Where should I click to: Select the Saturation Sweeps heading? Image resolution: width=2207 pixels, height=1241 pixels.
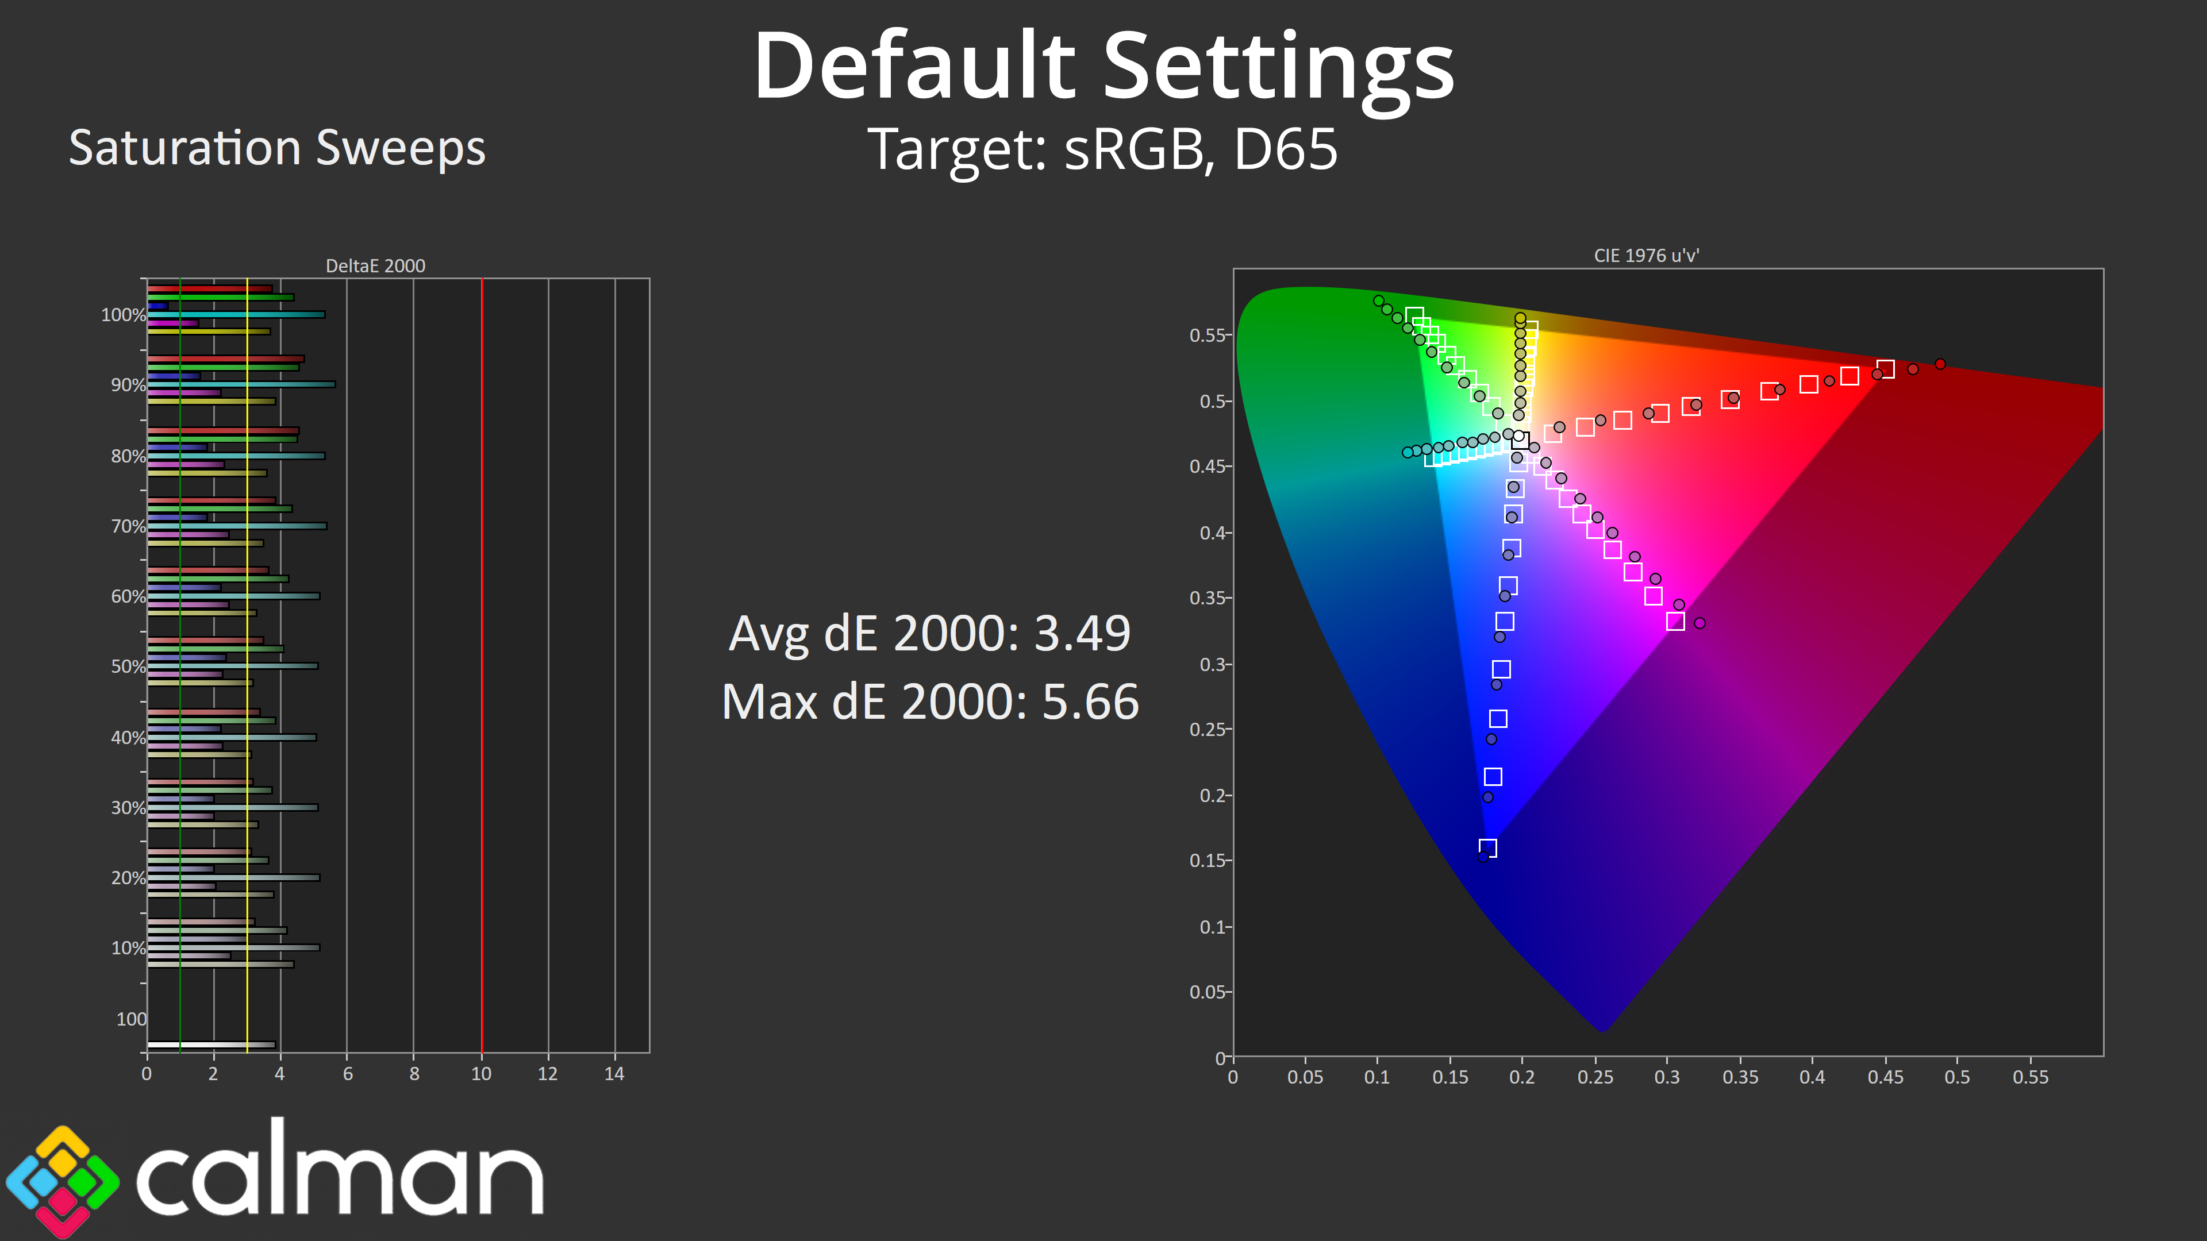(x=276, y=148)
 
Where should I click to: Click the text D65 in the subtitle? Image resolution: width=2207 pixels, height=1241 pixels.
(x=1285, y=149)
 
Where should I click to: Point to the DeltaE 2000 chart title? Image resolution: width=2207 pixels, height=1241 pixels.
(x=375, y=265)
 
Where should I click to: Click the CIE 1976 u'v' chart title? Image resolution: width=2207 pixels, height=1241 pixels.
(x=1646, y=255)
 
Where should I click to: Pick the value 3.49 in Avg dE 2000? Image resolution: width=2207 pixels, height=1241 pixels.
(x=1083, y=634)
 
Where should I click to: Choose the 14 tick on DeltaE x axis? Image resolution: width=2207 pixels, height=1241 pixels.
(x=614, y=1074)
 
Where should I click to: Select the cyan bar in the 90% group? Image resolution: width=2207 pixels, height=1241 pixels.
(x=241, y=384)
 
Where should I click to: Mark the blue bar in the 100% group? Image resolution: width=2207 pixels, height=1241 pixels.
(x=157, y=306)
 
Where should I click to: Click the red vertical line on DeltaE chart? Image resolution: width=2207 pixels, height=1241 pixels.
(x=482, y=665)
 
